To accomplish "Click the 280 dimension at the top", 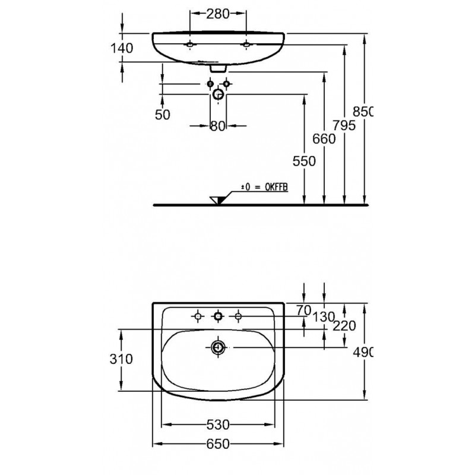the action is pos(218,14).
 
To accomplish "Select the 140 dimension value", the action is pos(122,48).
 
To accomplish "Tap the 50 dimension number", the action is pos(163,115).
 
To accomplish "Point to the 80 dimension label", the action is pos(218,126).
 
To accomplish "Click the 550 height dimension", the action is pos(304,161).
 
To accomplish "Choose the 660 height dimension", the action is pos(324,139).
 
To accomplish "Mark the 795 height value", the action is pos(344,125).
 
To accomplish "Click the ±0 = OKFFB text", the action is pos(264,187).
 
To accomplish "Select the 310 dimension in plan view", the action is pos(121,359).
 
